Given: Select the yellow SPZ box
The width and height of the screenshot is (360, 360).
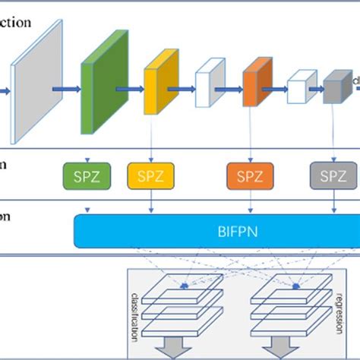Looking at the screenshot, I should coord(149,176).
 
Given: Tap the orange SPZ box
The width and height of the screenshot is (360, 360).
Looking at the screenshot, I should coord(250,176).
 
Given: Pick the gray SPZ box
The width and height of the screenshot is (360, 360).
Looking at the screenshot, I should coord(333,176).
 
